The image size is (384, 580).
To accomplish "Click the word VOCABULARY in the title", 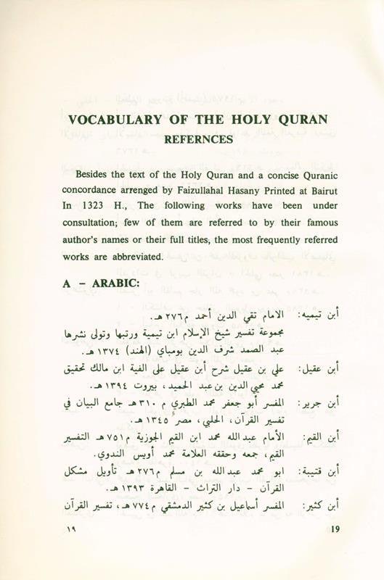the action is click(113, 120).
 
